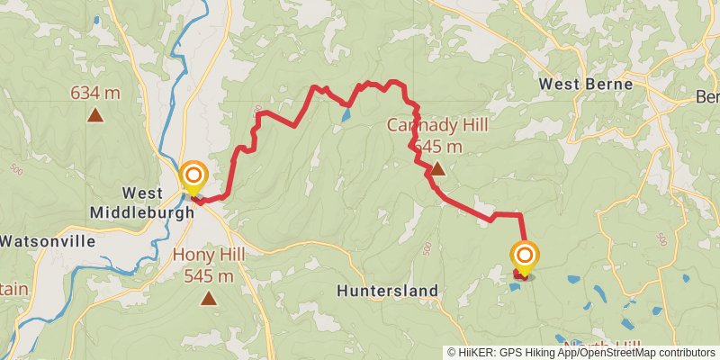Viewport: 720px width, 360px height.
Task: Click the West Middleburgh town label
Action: (141, 203)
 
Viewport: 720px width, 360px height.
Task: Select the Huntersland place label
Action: (387, 291)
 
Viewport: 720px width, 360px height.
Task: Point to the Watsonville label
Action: (47, 241)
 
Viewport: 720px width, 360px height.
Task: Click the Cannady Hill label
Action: (437, 125)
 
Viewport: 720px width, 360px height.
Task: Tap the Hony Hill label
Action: (209, 256)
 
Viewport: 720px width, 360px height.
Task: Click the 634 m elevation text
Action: (94, 92)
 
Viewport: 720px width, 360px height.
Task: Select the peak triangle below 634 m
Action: (94, 114)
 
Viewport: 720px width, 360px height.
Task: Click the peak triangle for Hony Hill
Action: (209, 297)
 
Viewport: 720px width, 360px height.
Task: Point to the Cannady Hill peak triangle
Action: (437, 168)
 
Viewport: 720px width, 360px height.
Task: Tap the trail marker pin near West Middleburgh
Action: (193, 177)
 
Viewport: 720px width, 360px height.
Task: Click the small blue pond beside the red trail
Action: (346, 116)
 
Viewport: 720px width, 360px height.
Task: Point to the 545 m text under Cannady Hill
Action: (437, 146)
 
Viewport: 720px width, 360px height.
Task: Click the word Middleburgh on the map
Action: (141, 213)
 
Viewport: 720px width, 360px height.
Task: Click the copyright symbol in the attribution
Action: (453, 353)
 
